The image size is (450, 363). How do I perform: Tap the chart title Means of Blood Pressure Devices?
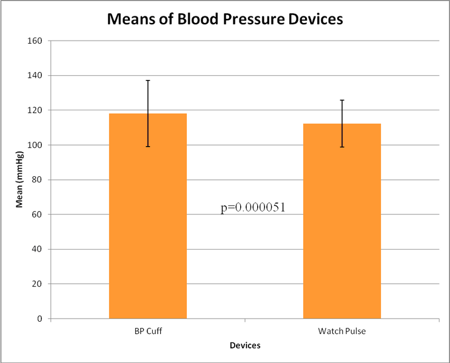(225, 19)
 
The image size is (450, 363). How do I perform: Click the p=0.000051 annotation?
(252, 207)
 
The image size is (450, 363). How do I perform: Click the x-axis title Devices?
(245, 345)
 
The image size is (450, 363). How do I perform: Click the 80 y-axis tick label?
(38, 180)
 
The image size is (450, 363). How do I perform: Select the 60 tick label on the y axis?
(38, 215)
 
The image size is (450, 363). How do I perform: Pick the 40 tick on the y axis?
(38, 249)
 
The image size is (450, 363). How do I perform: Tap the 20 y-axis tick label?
(38, 284)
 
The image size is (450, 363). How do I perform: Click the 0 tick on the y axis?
(40, 319)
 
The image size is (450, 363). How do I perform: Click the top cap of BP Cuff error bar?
(147, 80)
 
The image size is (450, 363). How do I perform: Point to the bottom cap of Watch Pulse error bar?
(341, 147)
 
